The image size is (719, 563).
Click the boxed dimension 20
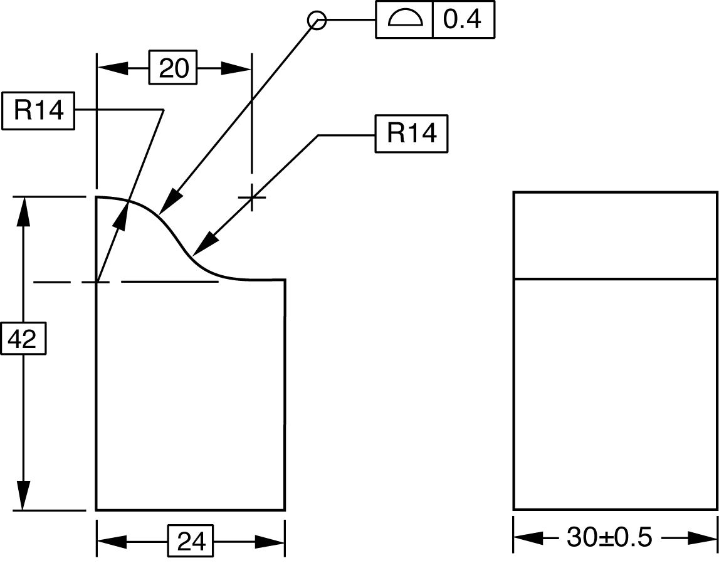[173, 68]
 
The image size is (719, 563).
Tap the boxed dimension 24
[191, 541]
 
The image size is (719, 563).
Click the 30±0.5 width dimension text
[609, 537]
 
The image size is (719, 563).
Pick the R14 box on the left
[38, 112]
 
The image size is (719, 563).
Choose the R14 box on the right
[412, 134]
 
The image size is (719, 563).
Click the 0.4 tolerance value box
[463, 20]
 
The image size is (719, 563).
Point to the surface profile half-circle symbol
[404, 20]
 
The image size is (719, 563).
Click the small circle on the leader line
[317, 21]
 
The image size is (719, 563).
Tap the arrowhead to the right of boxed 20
[237, 68]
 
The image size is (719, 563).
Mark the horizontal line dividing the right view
[615, 278]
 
